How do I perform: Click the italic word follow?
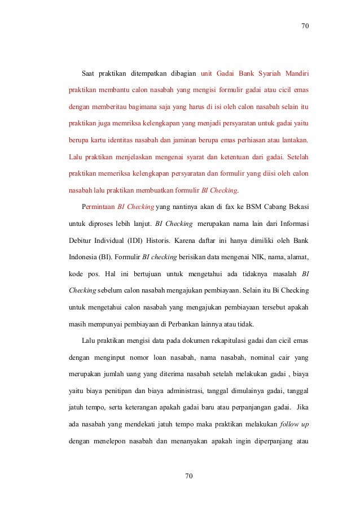289,422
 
